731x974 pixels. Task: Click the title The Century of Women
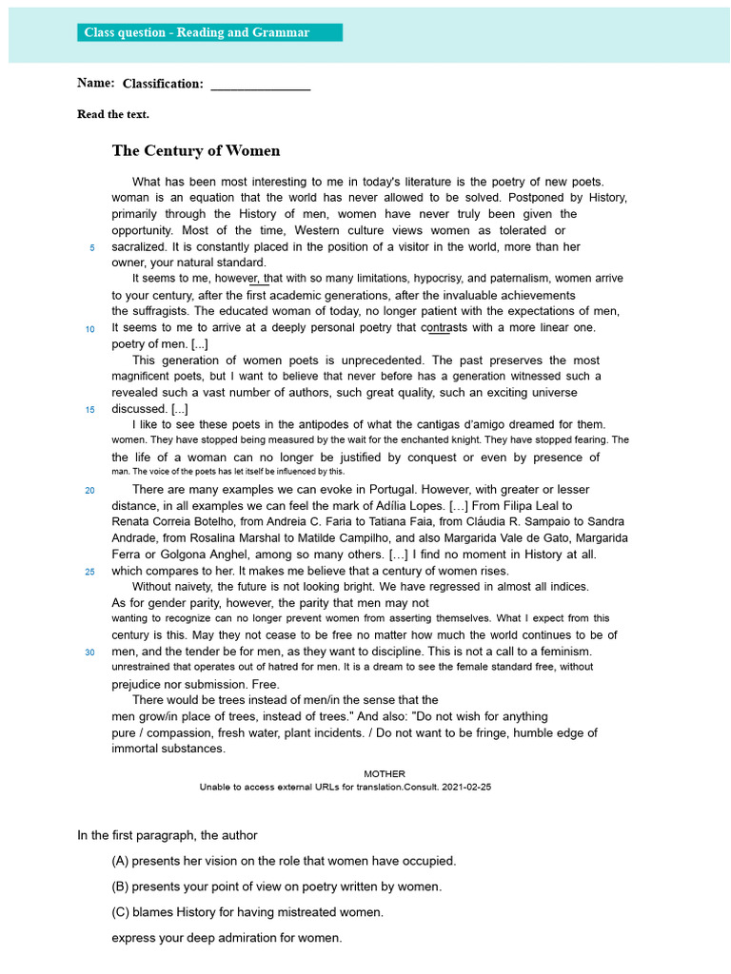[x=196, y=150]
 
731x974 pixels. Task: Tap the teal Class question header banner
[x=209, y=33]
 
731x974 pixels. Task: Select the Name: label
[x=96, y=83]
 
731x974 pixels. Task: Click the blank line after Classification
[x=260, y=85]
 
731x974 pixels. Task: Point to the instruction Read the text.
[x=113, y=114]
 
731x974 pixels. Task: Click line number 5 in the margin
[x=92, y=248]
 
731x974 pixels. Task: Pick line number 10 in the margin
[x=90, y=329]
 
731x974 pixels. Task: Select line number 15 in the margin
[x=90, y=410]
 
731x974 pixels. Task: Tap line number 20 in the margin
[x=90, y=491]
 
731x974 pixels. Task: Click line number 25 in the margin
[x=90, y=572]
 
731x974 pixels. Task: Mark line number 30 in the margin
[x=90, y=653]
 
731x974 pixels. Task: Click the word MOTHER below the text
[x=385, y=773]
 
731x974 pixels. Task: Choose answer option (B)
[x=276, y=886]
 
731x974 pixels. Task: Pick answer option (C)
[x=247, y=912]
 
